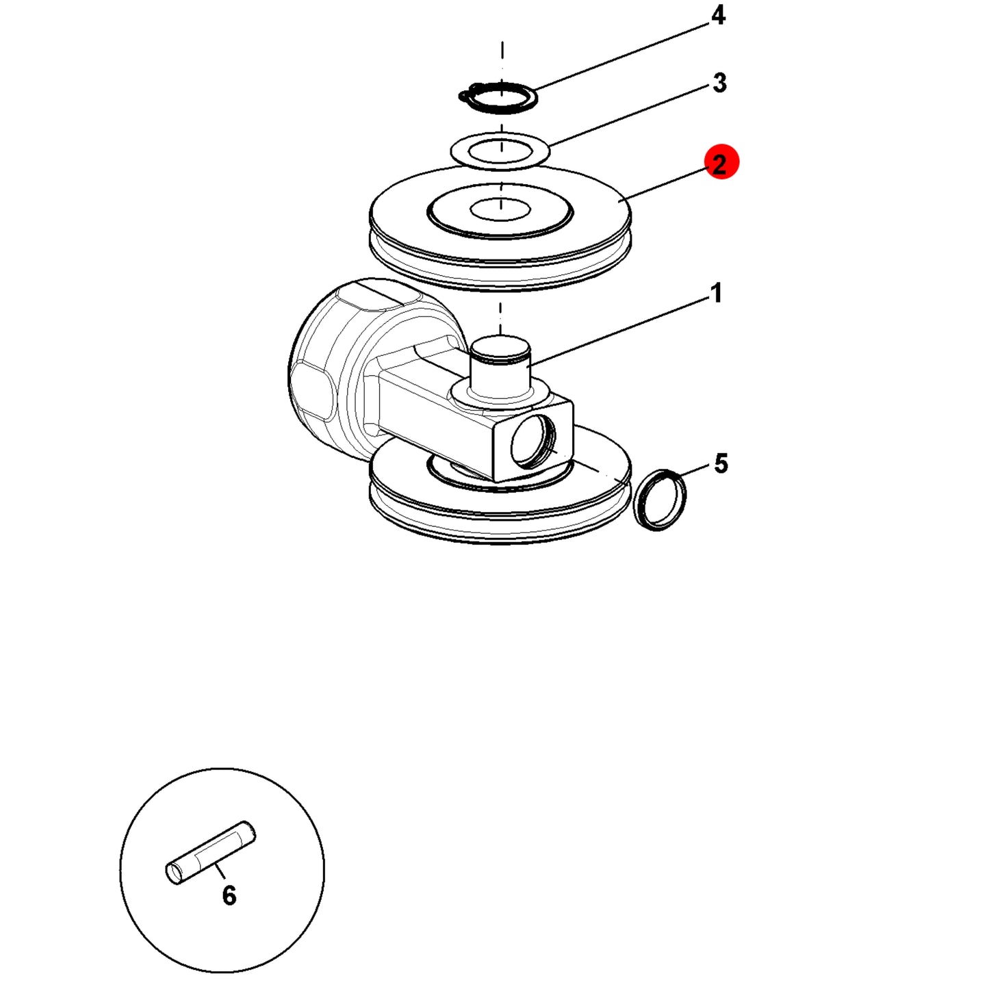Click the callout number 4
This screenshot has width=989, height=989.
718,16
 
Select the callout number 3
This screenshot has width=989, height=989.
719,83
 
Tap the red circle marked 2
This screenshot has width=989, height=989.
721,163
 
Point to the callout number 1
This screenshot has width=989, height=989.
717,293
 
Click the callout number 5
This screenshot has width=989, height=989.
721,463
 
